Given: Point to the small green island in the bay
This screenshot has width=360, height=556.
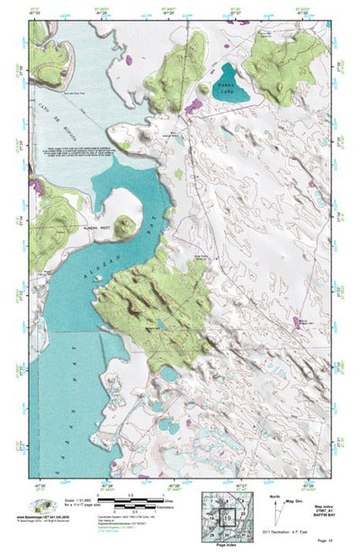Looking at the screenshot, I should (124, 225).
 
